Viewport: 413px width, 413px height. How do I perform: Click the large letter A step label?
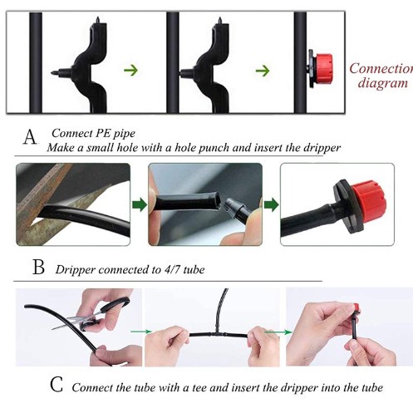(30, 137)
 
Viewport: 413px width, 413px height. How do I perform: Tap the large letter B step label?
(38, 268)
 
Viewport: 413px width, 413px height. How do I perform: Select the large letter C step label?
(57, 385)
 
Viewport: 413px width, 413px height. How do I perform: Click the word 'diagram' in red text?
(383, 83)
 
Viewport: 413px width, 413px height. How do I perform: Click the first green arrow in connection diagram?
(130, 70)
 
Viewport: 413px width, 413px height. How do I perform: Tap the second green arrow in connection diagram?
(263, 71)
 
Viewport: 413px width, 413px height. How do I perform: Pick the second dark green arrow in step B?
(271, 204)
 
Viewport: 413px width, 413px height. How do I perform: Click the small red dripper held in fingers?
(356, 307)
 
